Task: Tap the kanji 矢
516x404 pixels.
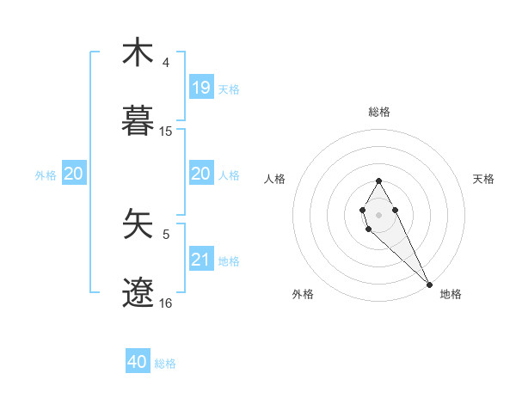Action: (x=138, y=225)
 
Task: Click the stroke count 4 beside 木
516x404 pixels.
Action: (x=166, y=63)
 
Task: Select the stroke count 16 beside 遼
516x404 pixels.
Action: (x=166, y=303)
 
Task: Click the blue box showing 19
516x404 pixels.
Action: (x=201, y=87)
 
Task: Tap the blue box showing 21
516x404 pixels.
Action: (x=201, y=259)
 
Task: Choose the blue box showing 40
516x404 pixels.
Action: (x=138, y=362)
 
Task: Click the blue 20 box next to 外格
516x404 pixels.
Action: (x=74, y=174)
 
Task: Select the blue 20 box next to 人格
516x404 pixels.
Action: (x=201, y=174)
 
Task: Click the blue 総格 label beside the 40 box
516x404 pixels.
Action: (x=166, y=364)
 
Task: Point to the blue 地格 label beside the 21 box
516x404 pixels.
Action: (x=229, y=260)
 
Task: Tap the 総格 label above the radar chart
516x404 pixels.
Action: (x=379, y=112)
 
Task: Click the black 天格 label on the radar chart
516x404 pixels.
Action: (x=484, y=179)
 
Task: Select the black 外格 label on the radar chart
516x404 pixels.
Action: (x=303, y=294)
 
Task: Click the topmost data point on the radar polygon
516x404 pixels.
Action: (x=378, y=181)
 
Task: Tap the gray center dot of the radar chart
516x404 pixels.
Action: (x=378, y=213)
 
